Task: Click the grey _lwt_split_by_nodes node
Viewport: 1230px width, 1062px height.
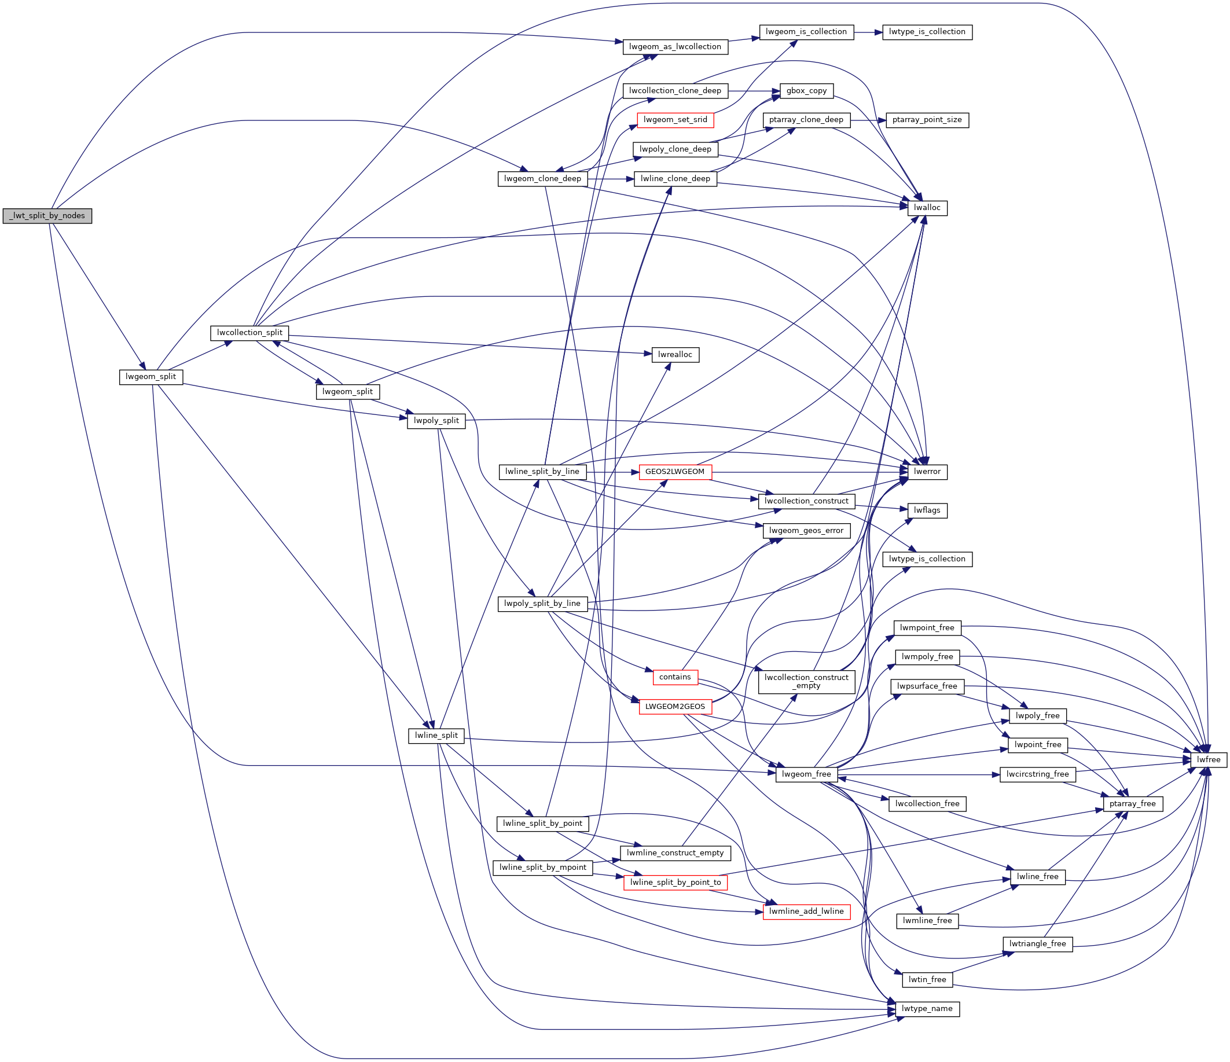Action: point(47,215)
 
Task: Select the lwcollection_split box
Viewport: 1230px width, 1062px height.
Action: point(249,332)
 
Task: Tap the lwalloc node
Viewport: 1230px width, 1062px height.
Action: point(927,208)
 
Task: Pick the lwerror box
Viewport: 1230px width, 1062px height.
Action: point(927,471)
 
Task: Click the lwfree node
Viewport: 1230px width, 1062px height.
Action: point(1208,759)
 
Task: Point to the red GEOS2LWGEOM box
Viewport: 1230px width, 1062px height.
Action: point(674,472)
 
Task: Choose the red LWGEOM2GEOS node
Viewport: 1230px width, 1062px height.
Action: point(674,707)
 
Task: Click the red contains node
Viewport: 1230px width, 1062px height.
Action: point(674,677)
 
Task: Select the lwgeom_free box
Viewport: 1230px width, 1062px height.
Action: point(806,774)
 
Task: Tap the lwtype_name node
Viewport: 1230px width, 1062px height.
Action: point(927,1008)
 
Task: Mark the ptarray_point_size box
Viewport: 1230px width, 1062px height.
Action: point(927,120)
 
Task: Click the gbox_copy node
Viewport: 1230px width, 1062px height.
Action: point(806,91)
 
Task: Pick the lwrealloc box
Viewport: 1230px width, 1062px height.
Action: point(675,354)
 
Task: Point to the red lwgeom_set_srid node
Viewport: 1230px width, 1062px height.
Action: point(675,120)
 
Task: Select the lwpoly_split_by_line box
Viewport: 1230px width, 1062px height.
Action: point(542,604)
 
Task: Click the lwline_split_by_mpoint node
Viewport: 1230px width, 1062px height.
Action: point(542,868)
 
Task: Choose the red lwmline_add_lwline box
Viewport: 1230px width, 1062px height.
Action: point(806,911)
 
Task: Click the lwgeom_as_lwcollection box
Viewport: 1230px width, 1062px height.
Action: point(675,46)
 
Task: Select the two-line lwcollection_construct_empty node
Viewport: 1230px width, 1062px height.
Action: point(806,682)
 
